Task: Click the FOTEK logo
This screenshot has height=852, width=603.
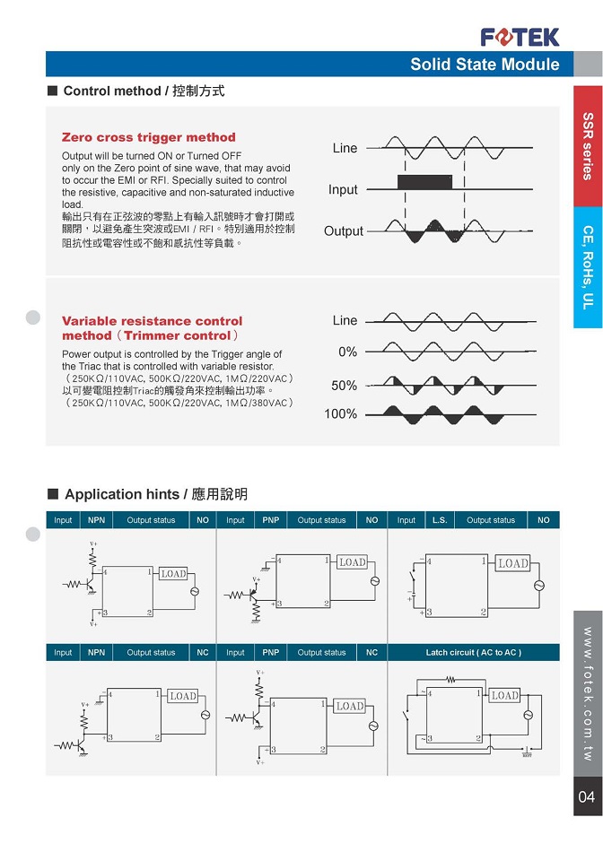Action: pos(520,37)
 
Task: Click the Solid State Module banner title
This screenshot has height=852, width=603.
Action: pos(485,65)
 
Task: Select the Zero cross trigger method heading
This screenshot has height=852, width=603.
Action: pos(148,137)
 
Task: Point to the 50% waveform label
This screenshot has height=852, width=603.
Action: pos(345,386)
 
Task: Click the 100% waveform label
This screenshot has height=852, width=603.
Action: pos(342,414)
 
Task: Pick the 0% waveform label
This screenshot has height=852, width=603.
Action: pos(347,352)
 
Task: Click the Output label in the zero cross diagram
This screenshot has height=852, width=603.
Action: pos(344,231)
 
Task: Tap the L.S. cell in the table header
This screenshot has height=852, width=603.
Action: pos(440,520)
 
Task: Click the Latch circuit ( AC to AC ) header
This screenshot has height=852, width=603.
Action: pos(473,652)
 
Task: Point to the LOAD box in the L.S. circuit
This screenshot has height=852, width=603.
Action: pos(513,563)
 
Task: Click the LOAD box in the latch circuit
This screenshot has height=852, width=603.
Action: pos(504,696)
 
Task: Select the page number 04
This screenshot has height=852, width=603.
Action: pos(587,797)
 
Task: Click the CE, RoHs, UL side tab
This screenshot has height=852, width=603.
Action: pos(588,267)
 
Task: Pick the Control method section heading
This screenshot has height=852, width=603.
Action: pos(144,91)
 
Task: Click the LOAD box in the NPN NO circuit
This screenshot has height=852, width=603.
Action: pos(173,574)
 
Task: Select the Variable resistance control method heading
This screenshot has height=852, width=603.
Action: pos(152,328)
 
